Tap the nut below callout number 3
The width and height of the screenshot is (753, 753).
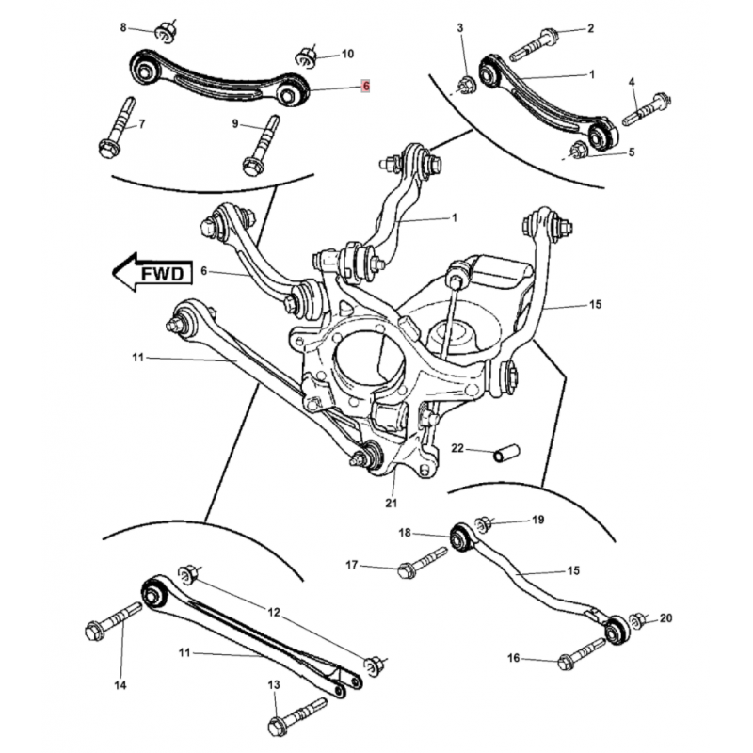(466, 87)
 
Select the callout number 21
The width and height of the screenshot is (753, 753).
(391, 503)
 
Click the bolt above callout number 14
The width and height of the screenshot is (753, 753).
(112, 622)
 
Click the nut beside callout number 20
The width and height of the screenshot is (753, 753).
(637, 620)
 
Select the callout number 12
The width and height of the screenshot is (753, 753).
(274, 613)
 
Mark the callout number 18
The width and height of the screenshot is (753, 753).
(404, 533)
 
